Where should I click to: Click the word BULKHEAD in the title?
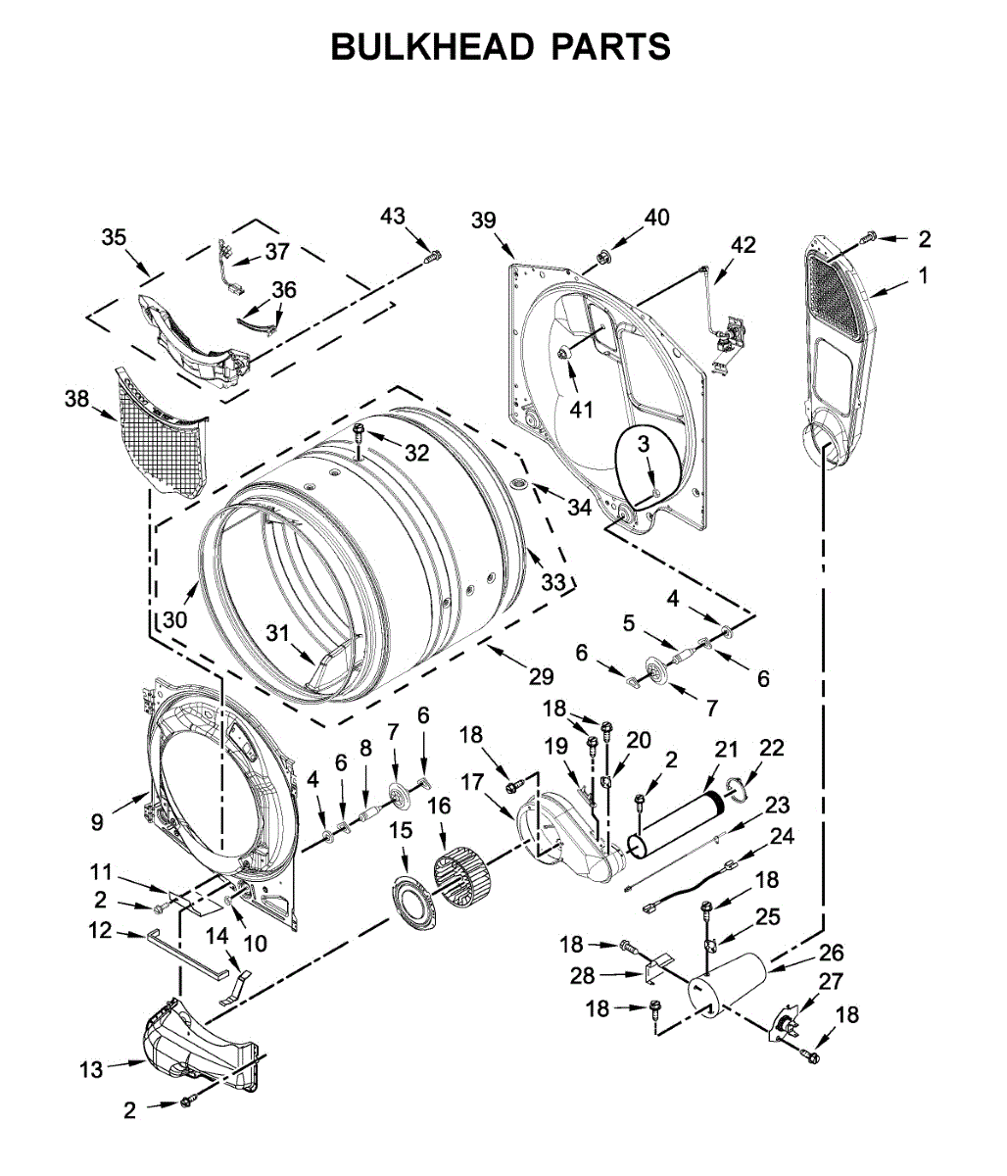[432, 46]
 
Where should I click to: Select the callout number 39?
[484, 220]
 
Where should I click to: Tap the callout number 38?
[76, 399]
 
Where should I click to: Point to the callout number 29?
[541, 675]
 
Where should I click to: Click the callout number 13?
[91, 1069]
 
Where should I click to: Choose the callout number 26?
[831, 953]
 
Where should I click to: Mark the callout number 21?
[726, 750]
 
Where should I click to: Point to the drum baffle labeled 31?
[333, 661]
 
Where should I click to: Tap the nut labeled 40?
[601, 258]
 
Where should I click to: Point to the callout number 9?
[97, 822]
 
